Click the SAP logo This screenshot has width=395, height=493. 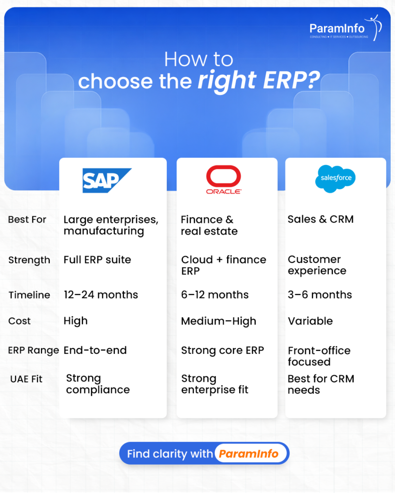107,181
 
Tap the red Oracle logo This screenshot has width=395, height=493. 223,179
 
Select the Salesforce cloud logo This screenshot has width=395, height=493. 336,179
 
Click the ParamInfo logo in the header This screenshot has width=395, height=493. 345,28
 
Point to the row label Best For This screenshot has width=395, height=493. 27,220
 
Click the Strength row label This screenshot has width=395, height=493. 29,260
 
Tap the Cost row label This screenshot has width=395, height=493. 19,321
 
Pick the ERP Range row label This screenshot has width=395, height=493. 33,350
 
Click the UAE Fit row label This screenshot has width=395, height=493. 26,379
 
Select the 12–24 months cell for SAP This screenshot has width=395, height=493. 100,295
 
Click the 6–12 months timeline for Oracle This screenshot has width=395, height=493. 215,295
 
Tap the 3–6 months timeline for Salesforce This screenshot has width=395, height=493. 320,295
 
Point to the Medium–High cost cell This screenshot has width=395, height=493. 218,321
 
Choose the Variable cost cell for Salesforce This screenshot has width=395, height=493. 310,321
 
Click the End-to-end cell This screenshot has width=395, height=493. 95,350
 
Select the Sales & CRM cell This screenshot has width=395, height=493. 320,219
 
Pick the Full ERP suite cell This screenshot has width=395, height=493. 97,259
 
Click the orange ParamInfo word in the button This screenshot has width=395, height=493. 248,454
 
